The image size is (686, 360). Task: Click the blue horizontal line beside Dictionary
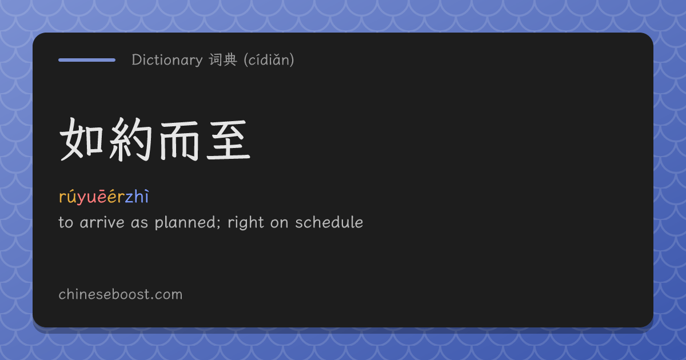coord(87,60)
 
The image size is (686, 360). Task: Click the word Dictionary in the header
coord(167,60)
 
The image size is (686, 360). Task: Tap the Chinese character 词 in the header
coord(216,59)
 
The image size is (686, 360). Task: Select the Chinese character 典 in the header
coord(230,59)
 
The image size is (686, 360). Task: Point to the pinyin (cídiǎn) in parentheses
coord(269,59)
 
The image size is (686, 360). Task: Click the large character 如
coord(81,139)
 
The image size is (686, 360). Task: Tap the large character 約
coord(130,139)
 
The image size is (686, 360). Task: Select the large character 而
coord(180,141)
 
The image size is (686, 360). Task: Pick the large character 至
coord(229,139)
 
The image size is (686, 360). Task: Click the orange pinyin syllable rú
coord(67,197)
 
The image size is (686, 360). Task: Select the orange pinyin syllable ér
coord(116,197)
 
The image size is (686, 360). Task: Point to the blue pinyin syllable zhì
coord(137,196)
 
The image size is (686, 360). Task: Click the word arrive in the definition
coord(102,222)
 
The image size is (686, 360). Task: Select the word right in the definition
coord(246,223)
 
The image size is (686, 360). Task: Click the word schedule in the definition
coord(329,222)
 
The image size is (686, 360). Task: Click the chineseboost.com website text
coord(121,294)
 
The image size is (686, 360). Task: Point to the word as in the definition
coord(139,224)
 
